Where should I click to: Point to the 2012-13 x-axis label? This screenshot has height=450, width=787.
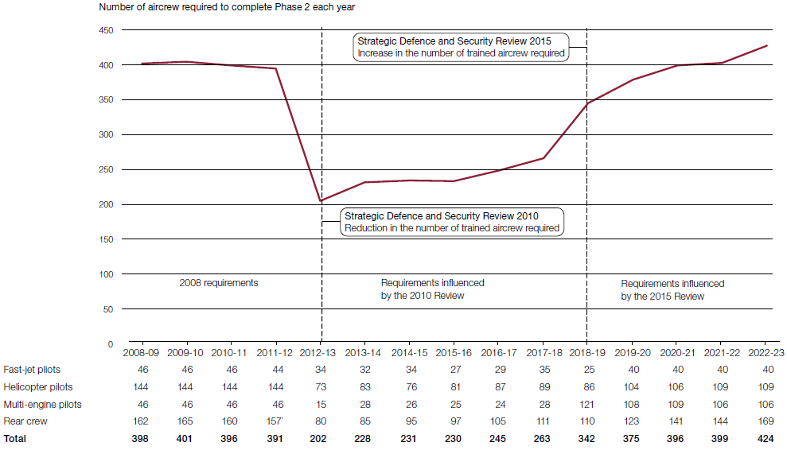pos(321,352)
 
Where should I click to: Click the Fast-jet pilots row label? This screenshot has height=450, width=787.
pos(32,370)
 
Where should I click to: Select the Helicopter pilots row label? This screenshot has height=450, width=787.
pos(37,387)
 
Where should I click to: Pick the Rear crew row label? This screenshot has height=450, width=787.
pos(25,421)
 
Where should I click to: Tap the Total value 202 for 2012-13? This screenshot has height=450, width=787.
pos(321,439)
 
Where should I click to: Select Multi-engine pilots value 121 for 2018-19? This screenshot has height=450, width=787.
pos(586,405)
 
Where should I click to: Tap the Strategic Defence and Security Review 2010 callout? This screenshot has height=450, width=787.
pos(452,222)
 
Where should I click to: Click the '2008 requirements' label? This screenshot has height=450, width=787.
pos(218,283)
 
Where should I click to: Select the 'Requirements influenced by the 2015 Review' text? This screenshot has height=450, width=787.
pos(672,289)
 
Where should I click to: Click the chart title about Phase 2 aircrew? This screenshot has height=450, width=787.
pos(228,7)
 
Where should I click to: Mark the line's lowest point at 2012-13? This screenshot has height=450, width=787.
pos(321,200)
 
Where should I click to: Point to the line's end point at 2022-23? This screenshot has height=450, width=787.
pos(766,45)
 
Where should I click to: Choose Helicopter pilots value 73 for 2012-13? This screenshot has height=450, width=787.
pos(321,387)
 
